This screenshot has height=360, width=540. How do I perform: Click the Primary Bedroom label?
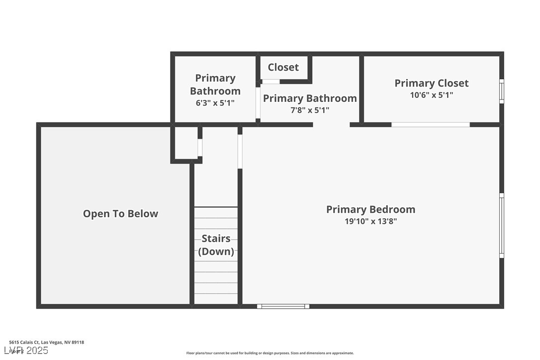(370, 209)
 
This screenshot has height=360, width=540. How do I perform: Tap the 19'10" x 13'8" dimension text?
(370, 222)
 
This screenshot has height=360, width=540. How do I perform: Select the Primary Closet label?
(431, 83)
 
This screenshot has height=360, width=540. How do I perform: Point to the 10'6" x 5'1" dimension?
(431, 95)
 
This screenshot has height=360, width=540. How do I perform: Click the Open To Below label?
(120, 214)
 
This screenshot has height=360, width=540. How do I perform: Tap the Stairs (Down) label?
(216, 245)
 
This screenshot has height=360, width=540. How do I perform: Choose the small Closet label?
(283, 67)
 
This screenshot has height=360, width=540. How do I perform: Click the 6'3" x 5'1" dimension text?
(215, 103)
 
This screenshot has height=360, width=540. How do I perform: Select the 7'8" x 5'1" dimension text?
(310, 110)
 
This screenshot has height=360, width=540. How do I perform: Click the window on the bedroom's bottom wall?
(283, 306)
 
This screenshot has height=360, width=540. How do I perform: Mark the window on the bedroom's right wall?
(502, 225)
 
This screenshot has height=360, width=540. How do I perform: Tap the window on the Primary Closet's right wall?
(502, 91)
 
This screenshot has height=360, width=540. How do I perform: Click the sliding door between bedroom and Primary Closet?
(430, 124)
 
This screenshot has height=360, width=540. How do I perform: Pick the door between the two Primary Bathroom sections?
(258, 103)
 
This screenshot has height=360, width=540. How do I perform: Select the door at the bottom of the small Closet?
(271, 82)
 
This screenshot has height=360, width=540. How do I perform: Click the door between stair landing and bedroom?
(240, 151)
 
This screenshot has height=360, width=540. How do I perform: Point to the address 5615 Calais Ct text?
(46, 342)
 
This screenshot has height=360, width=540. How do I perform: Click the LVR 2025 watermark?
(26, 351)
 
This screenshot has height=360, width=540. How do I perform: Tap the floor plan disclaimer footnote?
(270, 353)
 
